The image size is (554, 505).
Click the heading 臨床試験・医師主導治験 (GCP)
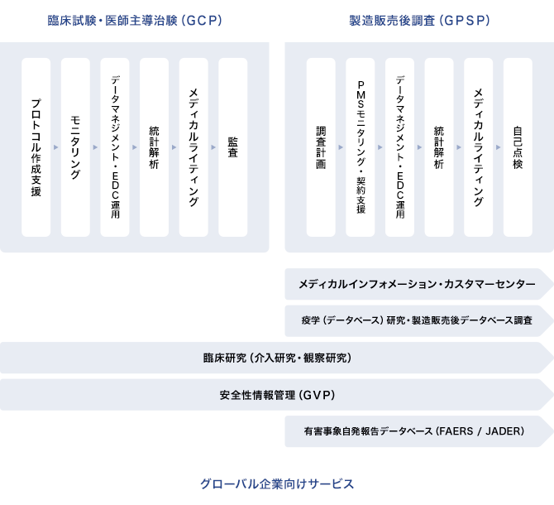(135, 21)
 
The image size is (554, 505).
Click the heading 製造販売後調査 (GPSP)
(418, 21)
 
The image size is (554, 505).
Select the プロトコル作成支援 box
(36, 147)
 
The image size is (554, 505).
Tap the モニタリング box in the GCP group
(76, 147)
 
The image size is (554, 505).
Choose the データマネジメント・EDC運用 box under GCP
(116, 147)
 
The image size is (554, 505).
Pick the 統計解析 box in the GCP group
(155, 147)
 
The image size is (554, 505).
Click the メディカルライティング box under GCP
(194, 147)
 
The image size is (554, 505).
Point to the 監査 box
(233, 147)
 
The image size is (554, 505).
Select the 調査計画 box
(321, 147)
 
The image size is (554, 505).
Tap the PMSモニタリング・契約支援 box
(361, 147)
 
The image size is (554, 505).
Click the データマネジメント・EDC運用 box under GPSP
(400, 147)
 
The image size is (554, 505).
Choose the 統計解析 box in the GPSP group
(439, 147)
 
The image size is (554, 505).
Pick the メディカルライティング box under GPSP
(479, 147)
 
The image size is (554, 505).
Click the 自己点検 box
(518, 147)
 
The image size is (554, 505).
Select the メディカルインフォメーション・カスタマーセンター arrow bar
(418, 284)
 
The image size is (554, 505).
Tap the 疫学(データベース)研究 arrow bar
(418, 320)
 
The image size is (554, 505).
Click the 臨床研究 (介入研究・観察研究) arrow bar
(277, 358)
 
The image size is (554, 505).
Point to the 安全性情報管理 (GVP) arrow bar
(277, 395)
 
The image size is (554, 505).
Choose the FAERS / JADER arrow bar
(418, 431)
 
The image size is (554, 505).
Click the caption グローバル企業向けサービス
(277, 483)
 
